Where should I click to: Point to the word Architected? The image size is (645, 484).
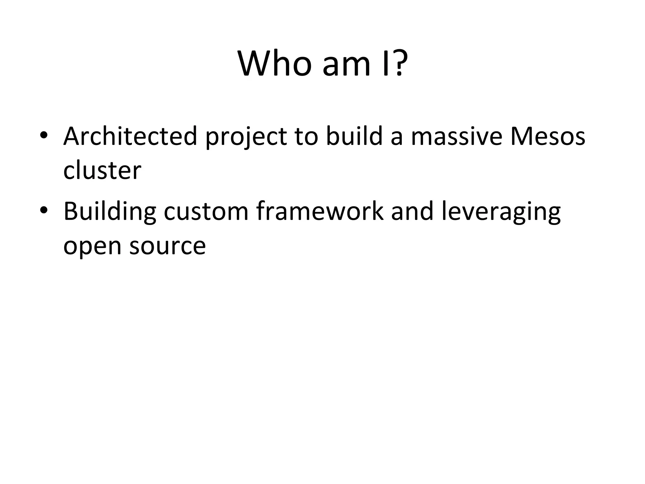click(x=130, y=136)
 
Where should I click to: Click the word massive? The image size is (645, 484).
click(x=456, y=137)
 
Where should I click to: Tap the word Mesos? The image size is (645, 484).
click(x=548, y=136)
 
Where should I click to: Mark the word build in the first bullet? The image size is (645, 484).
click(x=354, y=136)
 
